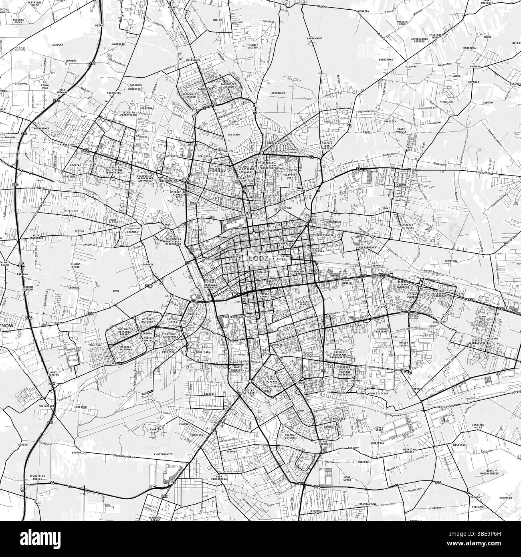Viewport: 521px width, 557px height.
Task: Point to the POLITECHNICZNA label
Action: point(233,317)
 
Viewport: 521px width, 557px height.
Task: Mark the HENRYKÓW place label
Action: point(450,261)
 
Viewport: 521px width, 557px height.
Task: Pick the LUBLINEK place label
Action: point(80,406)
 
